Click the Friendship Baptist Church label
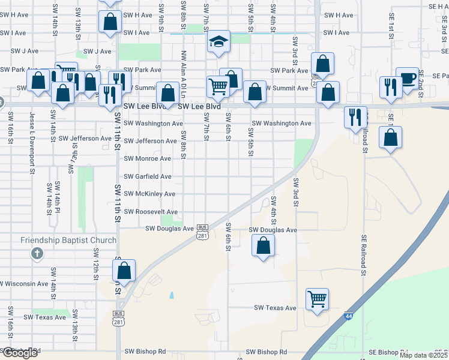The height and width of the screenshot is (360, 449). pyautogui.click(x=68, y=241)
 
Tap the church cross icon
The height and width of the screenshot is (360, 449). pyautogui.click(x=37, y=254)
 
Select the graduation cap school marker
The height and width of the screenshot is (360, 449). pyautogui.click(x=218, y=41)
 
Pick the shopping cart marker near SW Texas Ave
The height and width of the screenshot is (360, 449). pyautogui.click(x=317, y=298)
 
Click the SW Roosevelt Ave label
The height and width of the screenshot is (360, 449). pyautogui.click(x=151, y=212)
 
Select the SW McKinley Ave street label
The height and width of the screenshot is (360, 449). pyautogui.click(x=149, y=194)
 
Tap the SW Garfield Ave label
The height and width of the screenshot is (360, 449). pyautogui.click(x=148, y=176)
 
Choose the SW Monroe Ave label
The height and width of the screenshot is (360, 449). pyautogui.click(x=148, y=158)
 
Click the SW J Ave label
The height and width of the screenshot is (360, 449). pyautogui.click(x=97, y=52)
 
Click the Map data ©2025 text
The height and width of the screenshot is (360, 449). pyautogui.click(x=423, y=355)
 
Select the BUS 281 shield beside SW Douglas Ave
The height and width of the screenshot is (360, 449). pyautogui.click(x=202, y=232)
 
